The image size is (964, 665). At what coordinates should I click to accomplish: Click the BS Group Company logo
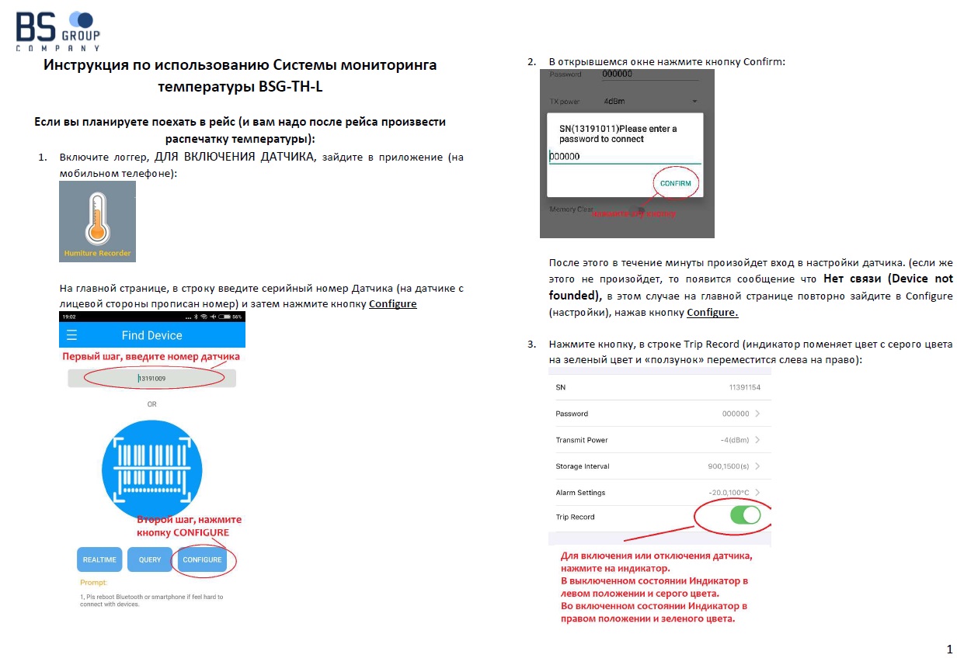point(58,30)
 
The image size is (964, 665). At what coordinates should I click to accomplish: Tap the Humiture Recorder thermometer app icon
point(98,221)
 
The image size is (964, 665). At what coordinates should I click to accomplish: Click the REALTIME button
point(100,559)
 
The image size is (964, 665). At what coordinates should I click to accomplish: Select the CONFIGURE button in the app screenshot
point(202,559)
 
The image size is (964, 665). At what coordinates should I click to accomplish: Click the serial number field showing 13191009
point(152,378)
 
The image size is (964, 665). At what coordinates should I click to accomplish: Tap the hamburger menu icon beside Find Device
point(72,335)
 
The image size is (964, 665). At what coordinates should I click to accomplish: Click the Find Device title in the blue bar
point(152,335)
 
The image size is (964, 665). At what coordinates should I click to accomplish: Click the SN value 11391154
point(744,387)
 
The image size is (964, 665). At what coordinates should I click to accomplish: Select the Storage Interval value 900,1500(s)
point(729,466)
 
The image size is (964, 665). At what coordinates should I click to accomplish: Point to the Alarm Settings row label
point(580,493)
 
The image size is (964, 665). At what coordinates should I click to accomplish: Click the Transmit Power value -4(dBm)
point(734,440)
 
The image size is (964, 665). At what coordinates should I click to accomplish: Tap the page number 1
point(949,649)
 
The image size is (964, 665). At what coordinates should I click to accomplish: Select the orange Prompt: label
point(93,582)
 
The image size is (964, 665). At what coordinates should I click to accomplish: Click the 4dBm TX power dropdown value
point(614,101)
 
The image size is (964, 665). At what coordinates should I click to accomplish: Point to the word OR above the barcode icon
point(152,404)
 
